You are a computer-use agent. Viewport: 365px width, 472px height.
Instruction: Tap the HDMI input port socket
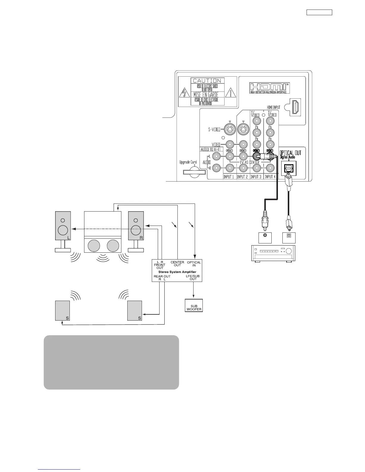[x=296, y=107]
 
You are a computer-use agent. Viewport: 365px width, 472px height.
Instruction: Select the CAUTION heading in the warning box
[x=207, y=81]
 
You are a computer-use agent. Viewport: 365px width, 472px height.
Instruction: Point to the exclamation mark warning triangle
[x=231, y=94]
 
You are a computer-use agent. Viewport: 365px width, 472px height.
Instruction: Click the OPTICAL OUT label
[x=290, y=153]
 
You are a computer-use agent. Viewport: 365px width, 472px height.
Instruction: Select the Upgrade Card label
[x=188, y=162]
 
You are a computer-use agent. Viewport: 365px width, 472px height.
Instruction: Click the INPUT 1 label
[x=229, y=177]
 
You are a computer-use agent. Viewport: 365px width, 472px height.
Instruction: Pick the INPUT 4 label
[x=270, y=177]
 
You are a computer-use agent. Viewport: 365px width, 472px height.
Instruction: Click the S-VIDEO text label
[x=214, y=129]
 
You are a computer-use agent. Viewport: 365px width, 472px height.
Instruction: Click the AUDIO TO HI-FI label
[x=211, y=149]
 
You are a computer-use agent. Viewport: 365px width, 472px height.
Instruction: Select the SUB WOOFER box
[x=194, y=308]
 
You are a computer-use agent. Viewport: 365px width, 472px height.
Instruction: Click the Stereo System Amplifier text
[x=177, y=272]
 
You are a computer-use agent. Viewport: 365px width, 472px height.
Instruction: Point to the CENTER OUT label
[x=177, y=264]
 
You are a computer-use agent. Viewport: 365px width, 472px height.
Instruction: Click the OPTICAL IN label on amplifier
[x=194, y=264]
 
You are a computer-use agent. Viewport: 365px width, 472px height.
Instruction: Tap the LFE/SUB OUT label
[x=193, y=278]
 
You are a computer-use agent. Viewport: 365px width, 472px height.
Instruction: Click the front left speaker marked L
[x=63, y=226]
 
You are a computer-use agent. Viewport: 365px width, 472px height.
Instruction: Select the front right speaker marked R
[x=136, y=226]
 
